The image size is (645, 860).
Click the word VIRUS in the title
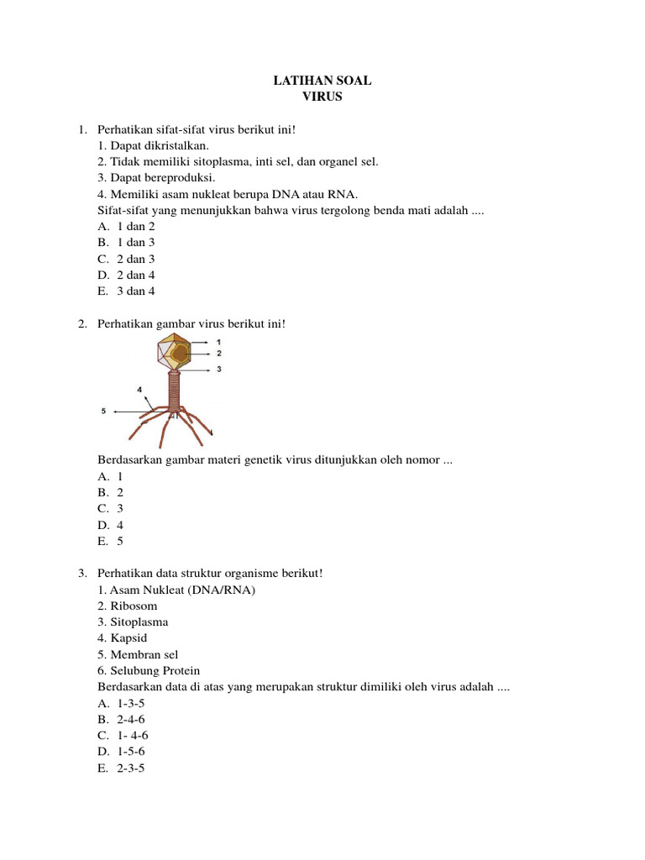(322, 97)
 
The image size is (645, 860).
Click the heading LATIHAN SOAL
(322, 81)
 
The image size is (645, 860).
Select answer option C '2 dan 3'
(135, 259)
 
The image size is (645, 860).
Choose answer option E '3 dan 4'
(135, 291)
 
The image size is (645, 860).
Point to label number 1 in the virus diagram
(218, 342)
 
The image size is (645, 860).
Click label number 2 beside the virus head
(218, 354)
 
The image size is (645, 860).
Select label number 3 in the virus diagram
(218, 369)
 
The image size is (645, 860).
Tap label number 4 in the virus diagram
(139, 390)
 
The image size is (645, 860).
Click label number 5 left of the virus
(103, 411)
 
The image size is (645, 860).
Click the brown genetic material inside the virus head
(180, 354)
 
